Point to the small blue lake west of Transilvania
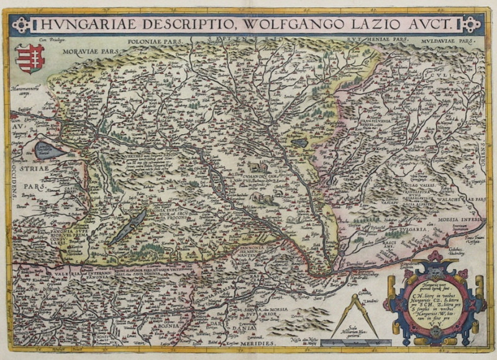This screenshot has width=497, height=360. coord(299,142)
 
